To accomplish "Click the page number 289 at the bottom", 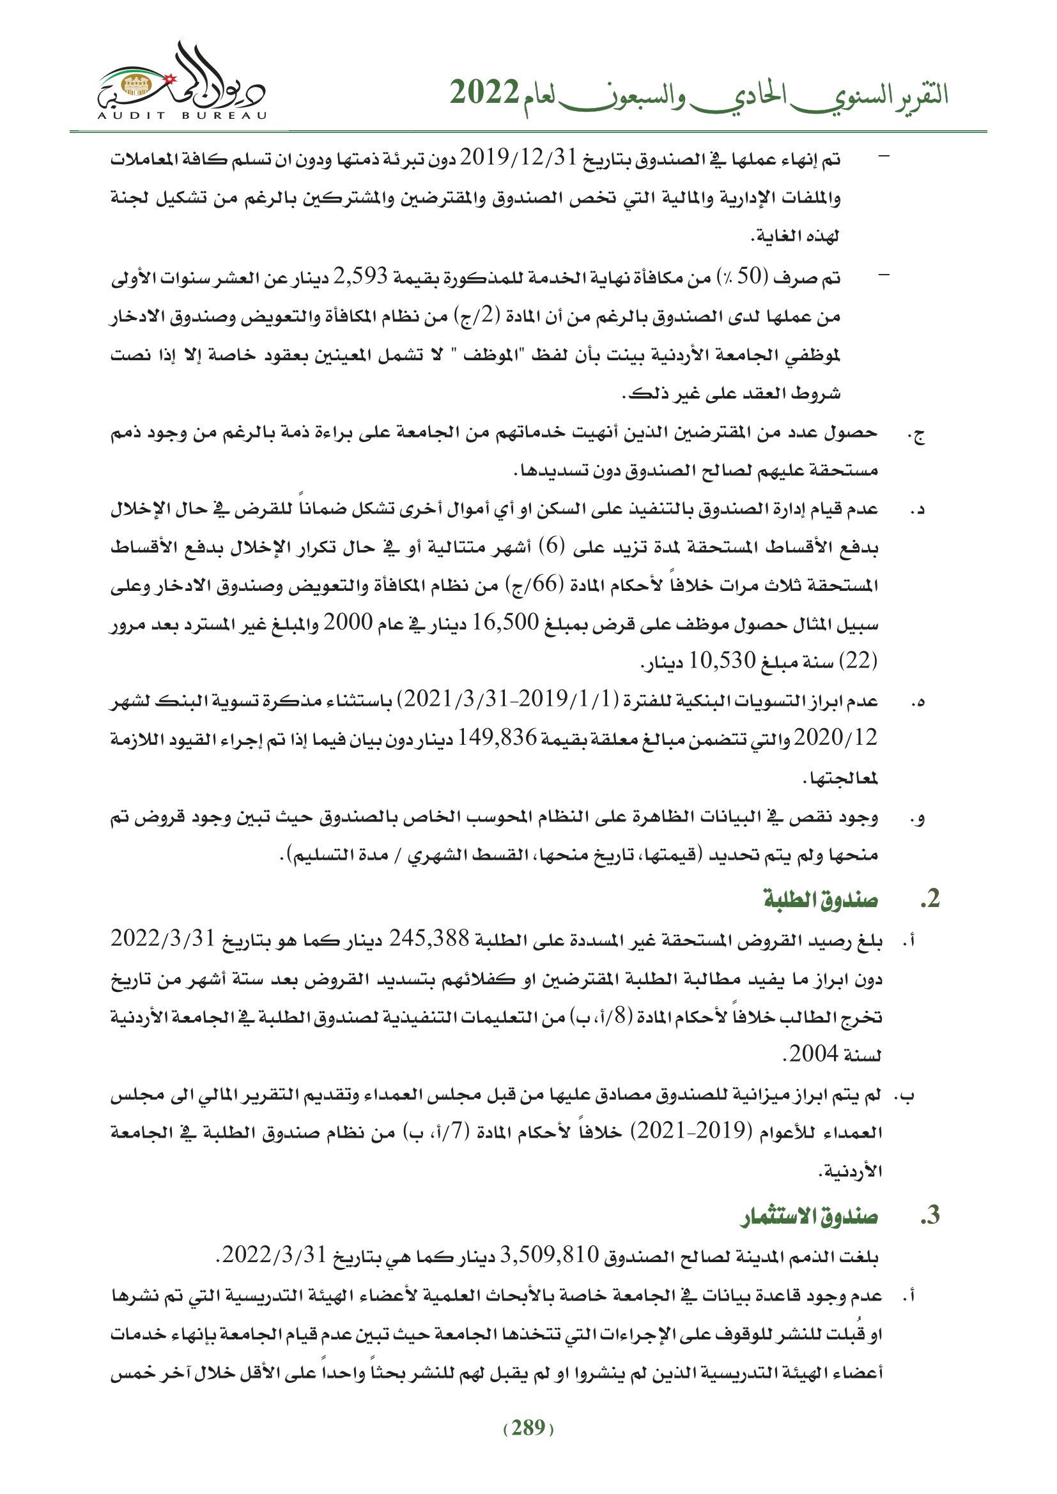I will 528,1428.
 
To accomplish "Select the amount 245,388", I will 429,939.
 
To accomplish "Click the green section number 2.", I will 930,899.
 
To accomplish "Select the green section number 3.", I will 930,1215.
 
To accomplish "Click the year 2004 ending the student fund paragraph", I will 814,1053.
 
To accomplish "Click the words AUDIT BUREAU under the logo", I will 181,116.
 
